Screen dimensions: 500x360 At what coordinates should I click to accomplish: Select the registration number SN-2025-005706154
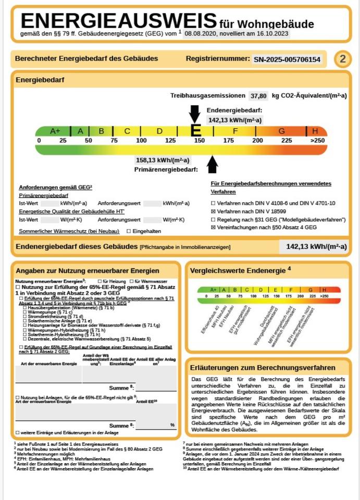287,59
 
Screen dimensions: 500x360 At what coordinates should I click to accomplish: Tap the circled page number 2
342,59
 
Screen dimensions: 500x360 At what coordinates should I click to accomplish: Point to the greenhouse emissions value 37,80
258,96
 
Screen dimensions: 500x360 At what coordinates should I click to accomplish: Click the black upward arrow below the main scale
213,165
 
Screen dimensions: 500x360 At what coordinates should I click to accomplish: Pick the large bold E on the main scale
196,131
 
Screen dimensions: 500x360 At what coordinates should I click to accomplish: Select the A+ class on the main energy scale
55,131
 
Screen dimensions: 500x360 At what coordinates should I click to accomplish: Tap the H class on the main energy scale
315,131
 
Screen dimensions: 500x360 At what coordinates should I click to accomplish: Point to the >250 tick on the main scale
317,141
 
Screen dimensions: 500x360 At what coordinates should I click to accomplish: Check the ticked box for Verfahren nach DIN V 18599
213,211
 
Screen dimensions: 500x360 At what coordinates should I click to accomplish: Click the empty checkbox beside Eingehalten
129,231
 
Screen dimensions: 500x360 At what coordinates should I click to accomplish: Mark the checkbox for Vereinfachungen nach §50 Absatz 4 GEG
213,228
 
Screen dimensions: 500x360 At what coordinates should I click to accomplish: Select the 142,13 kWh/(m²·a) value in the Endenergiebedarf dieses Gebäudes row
313,246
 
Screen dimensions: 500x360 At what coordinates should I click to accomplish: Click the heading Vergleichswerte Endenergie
238,270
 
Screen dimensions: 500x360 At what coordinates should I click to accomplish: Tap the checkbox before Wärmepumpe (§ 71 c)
24,312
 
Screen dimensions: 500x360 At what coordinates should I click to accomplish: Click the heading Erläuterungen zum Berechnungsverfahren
263,367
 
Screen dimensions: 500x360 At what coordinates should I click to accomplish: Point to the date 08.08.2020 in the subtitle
202,33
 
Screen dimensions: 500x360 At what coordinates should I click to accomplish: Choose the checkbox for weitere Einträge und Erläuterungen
18,432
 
